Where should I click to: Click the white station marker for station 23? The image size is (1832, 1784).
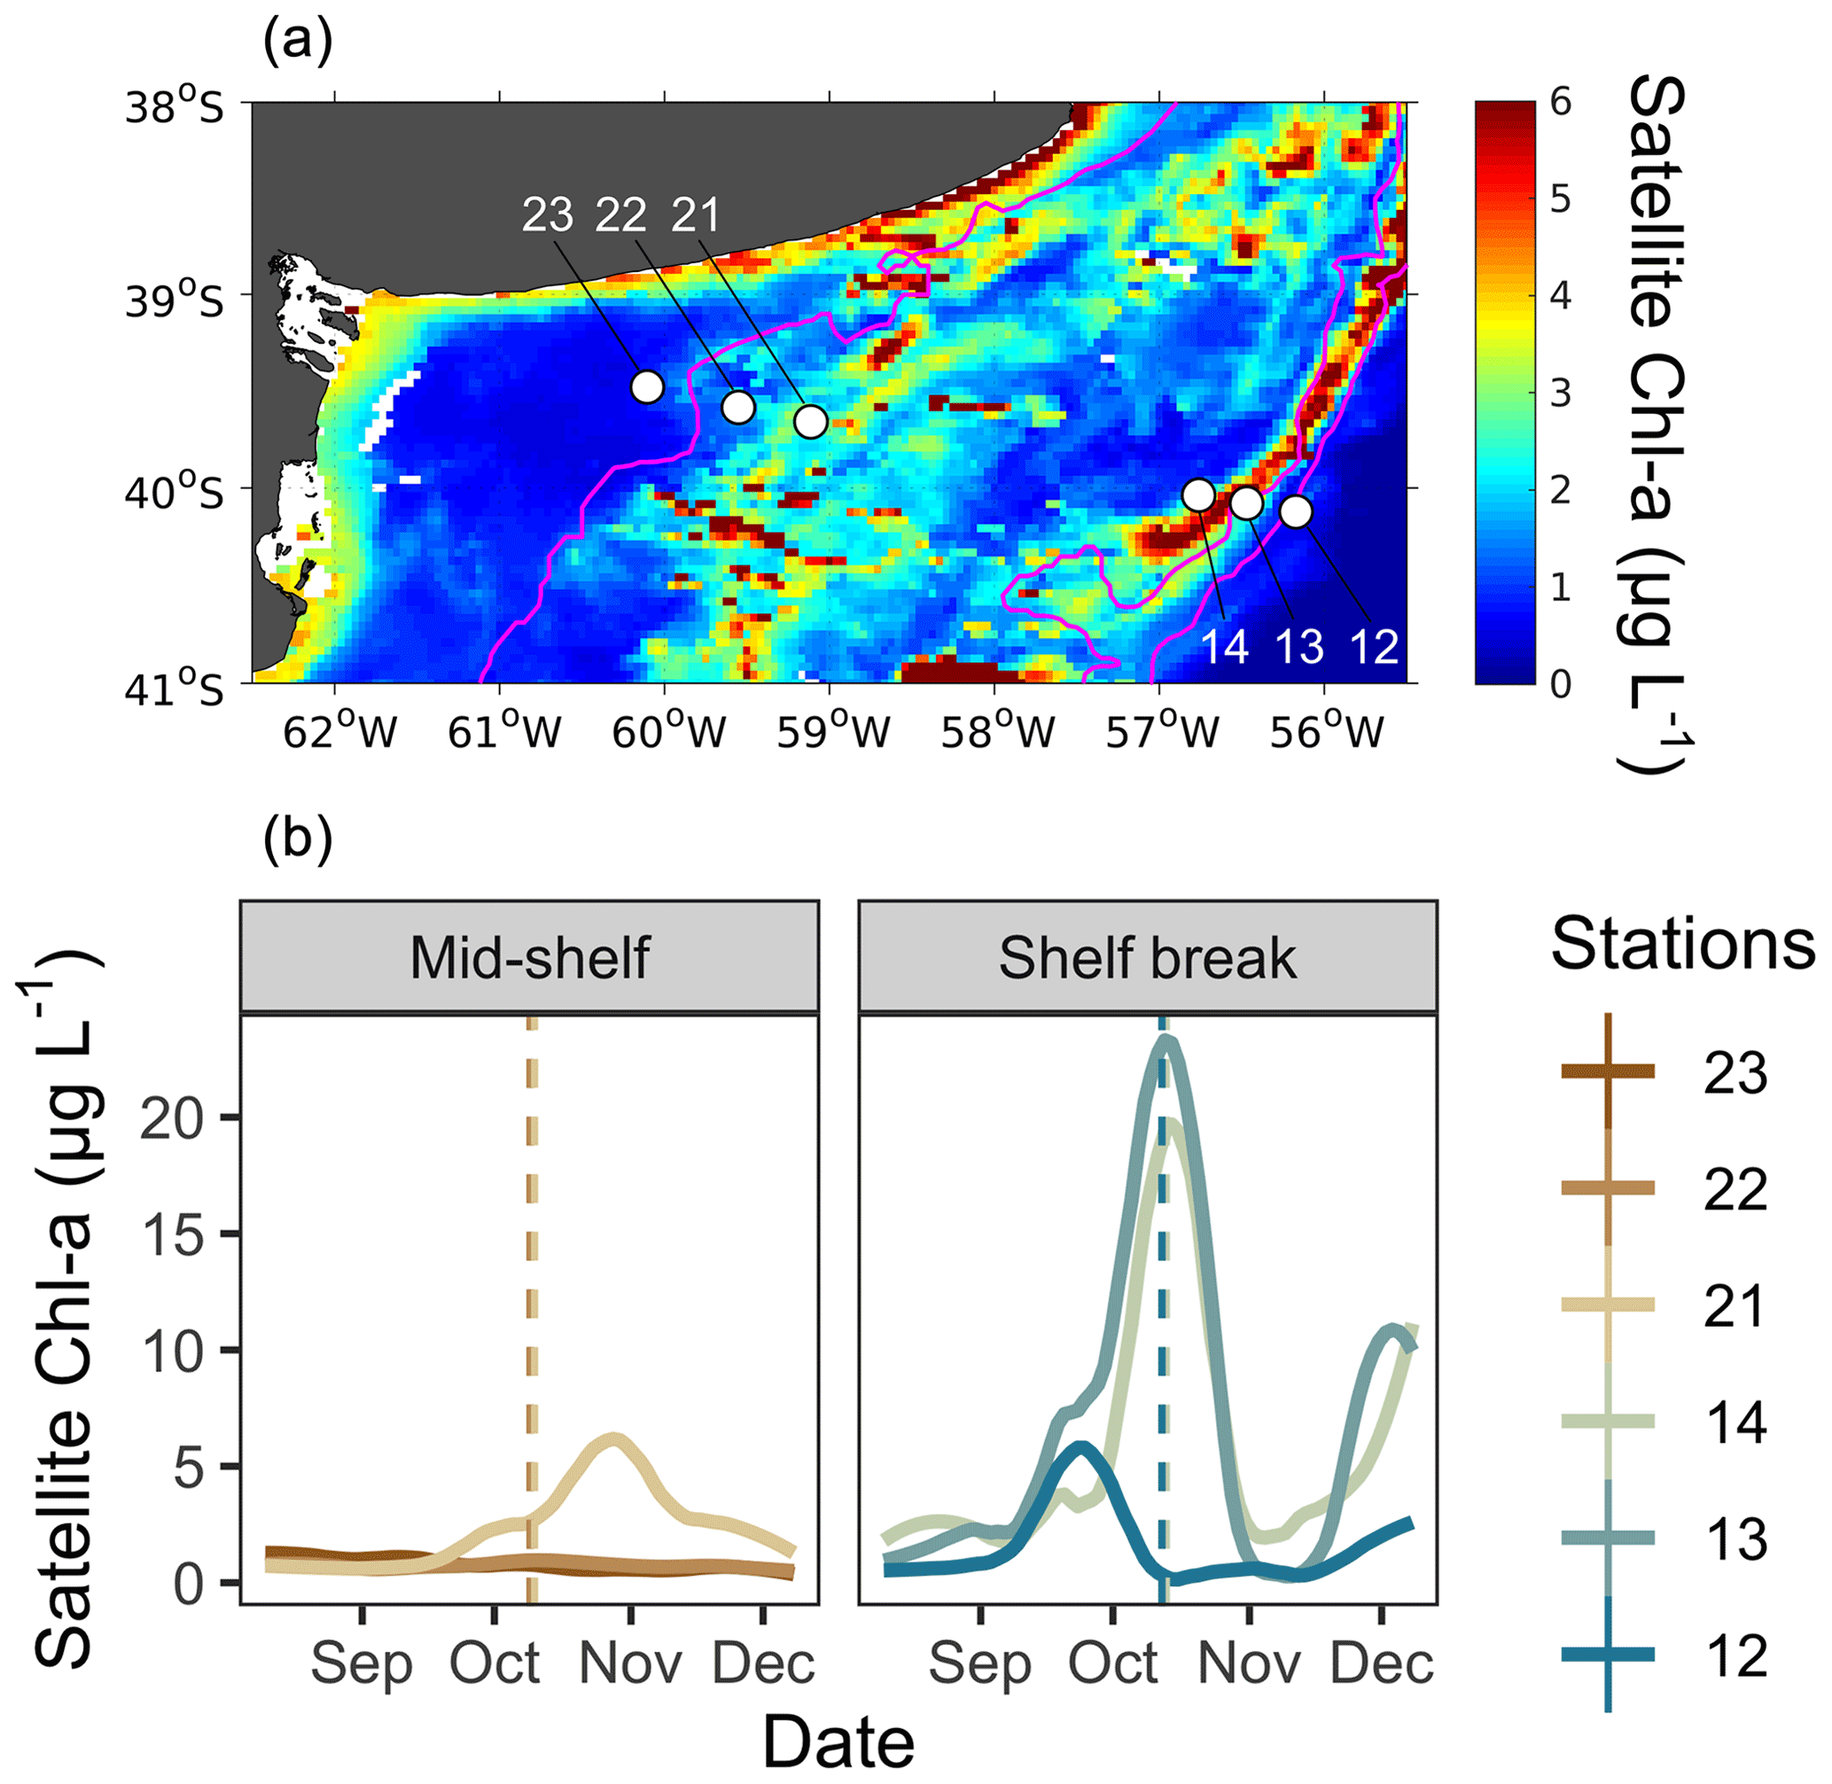pyautogui.click(x=647, y=386)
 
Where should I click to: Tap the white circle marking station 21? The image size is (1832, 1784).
pyautogui.click(x=811, y=422)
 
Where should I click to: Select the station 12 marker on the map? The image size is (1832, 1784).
pyautogui.click(x=1295, y=511)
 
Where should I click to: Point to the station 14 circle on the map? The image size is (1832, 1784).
pyautogui.click(x=1198, y=495)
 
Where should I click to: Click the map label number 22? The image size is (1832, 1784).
pyautogui.click(x=621, y=216)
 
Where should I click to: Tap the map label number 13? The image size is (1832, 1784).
pyautogui.click(x=1299, y=647)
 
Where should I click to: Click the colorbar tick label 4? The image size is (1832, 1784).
pyautogui.click(x=1560, y=296)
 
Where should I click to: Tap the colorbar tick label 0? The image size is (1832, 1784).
pyautogui.click(x=1560, y=684)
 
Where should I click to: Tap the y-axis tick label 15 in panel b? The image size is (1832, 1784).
pyautogui.click(x=174, y=1234)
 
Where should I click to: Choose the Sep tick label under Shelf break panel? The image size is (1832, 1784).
pyautogui.click(x=980, y=1664)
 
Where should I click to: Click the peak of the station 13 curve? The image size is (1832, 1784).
pyautogui.click(x=1165, y=1038)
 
